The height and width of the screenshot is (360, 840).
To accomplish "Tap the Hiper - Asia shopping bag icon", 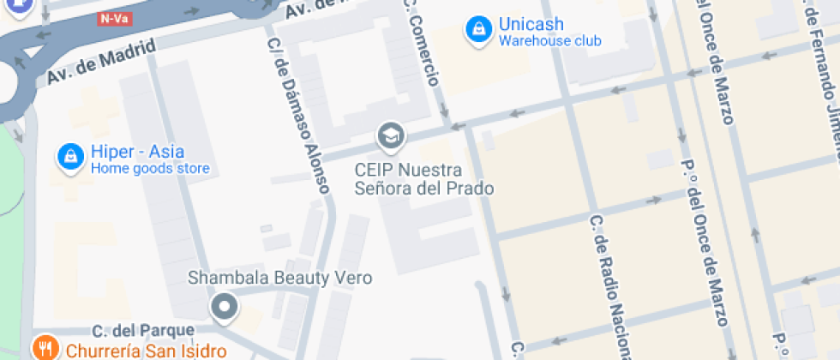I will (x=69, y=157).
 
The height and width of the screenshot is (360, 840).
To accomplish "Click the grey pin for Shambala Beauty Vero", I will (x=225, y=306).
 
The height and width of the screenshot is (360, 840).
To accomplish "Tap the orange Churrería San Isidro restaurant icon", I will (x=44, y=349).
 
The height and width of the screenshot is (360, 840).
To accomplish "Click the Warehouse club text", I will (x=549, y=40).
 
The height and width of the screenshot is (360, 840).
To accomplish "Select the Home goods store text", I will (x=150, y=168).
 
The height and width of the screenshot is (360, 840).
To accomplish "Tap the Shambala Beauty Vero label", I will (x=279, y=278).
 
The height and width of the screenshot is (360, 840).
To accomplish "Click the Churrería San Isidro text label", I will (x=146, y=351).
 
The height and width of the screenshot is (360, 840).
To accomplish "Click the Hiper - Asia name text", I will (x=137, y=152).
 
